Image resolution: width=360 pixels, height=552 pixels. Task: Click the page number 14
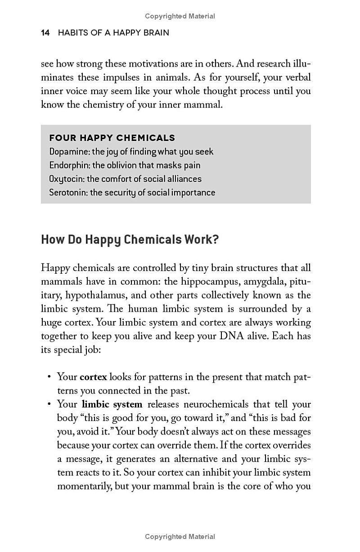[x=45, y=33]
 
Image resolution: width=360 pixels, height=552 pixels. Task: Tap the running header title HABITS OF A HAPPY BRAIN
[x=113, y=33]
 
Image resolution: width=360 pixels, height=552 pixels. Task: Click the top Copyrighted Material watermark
[x=180, y=16]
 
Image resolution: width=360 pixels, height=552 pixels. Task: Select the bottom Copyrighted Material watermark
[x=180, y=536]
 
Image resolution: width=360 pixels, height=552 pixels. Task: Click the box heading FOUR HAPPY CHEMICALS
[x=112, y=138]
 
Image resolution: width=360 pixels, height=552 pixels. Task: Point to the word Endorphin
[x=69, y=165]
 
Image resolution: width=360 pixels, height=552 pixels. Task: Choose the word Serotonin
[x=68, y=193]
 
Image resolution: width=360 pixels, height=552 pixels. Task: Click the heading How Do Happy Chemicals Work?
[x=130, y=240]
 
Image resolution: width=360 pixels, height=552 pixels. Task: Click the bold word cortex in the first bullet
[x=93, y=377]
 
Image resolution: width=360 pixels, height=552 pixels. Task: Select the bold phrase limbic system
[x=112, y=404]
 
